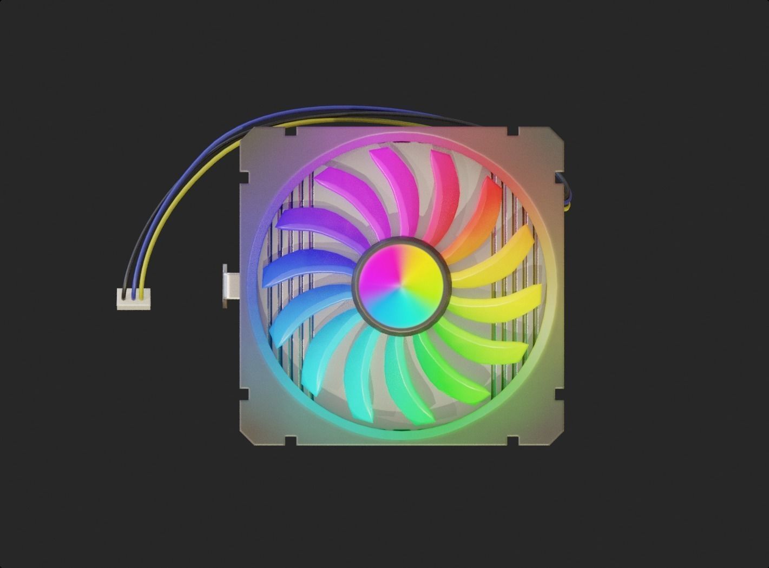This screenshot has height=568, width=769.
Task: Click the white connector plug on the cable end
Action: coord(134,299)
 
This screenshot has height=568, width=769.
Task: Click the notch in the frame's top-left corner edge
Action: coord(289,131)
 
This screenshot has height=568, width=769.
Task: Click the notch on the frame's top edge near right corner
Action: coord(512,131)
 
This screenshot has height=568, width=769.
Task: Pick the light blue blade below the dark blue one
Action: coord(300,311)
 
